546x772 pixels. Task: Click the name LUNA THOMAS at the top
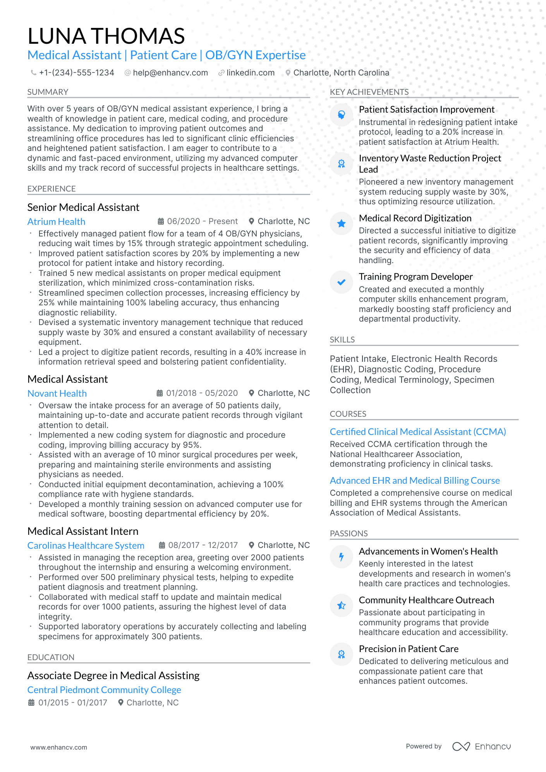click(x=106, y=36)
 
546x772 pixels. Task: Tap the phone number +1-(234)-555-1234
click(x=76, y=73)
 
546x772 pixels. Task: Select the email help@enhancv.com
click(x=170, y=73)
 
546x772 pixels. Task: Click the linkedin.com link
click(x=250, y=73)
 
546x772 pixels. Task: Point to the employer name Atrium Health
click(x=56, y=222)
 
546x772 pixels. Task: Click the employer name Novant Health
click(x=57, y=394)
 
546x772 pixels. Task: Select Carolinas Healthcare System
click(x=86, y=546)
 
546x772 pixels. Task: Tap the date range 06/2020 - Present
click(x=202, y=221)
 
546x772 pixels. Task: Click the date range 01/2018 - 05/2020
click(x=202, y=393)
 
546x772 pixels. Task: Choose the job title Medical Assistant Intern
click(x=83, y=531)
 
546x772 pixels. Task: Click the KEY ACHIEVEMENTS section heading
click(x=369, y=92)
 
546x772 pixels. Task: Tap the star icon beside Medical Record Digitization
click(x=341, y=223)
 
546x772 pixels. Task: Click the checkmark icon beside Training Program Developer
click(x=341, y=282)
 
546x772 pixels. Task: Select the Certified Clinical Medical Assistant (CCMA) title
click(x=418, y=432)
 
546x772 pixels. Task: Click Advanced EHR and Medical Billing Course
click(x=415, y=481)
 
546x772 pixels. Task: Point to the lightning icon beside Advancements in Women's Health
click(x=341, y=557)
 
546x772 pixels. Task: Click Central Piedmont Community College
click(x=104, y=690)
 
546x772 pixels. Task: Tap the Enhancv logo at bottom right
click(x=481, y=746)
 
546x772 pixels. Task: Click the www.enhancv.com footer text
click(x=59, y=747)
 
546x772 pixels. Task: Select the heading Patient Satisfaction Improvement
click(x=426, y=110)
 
